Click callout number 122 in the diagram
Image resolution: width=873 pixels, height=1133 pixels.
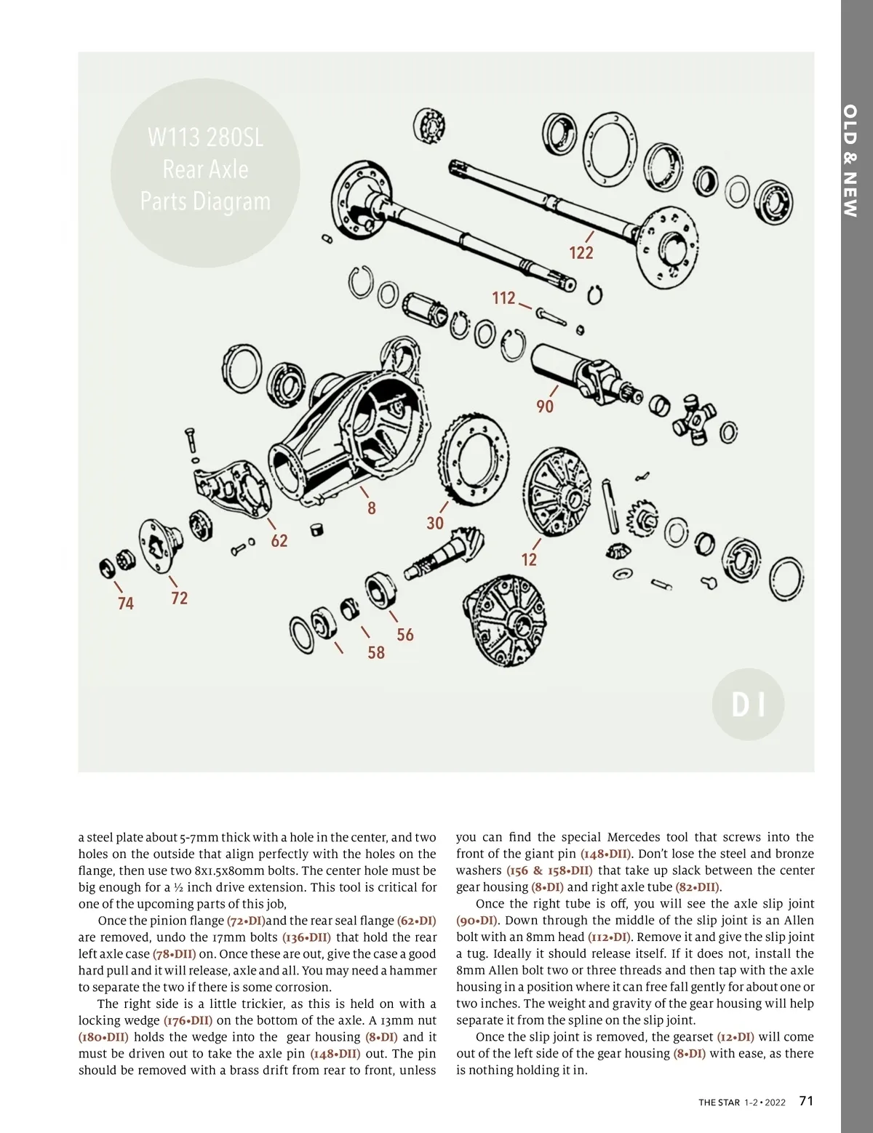(x=581, y=252)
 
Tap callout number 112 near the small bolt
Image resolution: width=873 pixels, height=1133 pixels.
(x=503, y=297)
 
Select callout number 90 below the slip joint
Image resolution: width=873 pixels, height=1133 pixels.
(x=545, y=406)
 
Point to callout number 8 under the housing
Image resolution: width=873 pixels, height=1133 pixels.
(x=371, y=508)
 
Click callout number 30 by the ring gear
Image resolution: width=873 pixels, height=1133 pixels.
(x=434, y=523)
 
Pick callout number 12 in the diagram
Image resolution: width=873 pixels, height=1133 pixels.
(x=529, y=559)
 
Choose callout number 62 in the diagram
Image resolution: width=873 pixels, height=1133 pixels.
(x=279, y=540)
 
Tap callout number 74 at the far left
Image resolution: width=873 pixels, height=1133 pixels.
(x=126, y=603)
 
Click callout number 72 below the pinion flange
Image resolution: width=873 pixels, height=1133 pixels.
(x=179, y=598)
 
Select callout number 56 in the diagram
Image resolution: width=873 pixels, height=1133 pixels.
(x=405, y=635)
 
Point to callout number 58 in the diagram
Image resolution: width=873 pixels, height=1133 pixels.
(x=376, y=652)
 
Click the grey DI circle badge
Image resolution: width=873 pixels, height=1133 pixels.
(x=748, y=704)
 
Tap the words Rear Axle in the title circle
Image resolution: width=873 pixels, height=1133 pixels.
(x=205, y=169)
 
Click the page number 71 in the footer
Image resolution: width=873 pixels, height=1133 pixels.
(x=806, y=1101)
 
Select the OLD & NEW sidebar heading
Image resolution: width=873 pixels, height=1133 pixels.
(x=850, y=161)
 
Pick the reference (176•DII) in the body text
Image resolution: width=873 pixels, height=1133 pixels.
(x=188, y=1020)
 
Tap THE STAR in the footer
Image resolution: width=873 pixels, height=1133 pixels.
(x=719, y=1102)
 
